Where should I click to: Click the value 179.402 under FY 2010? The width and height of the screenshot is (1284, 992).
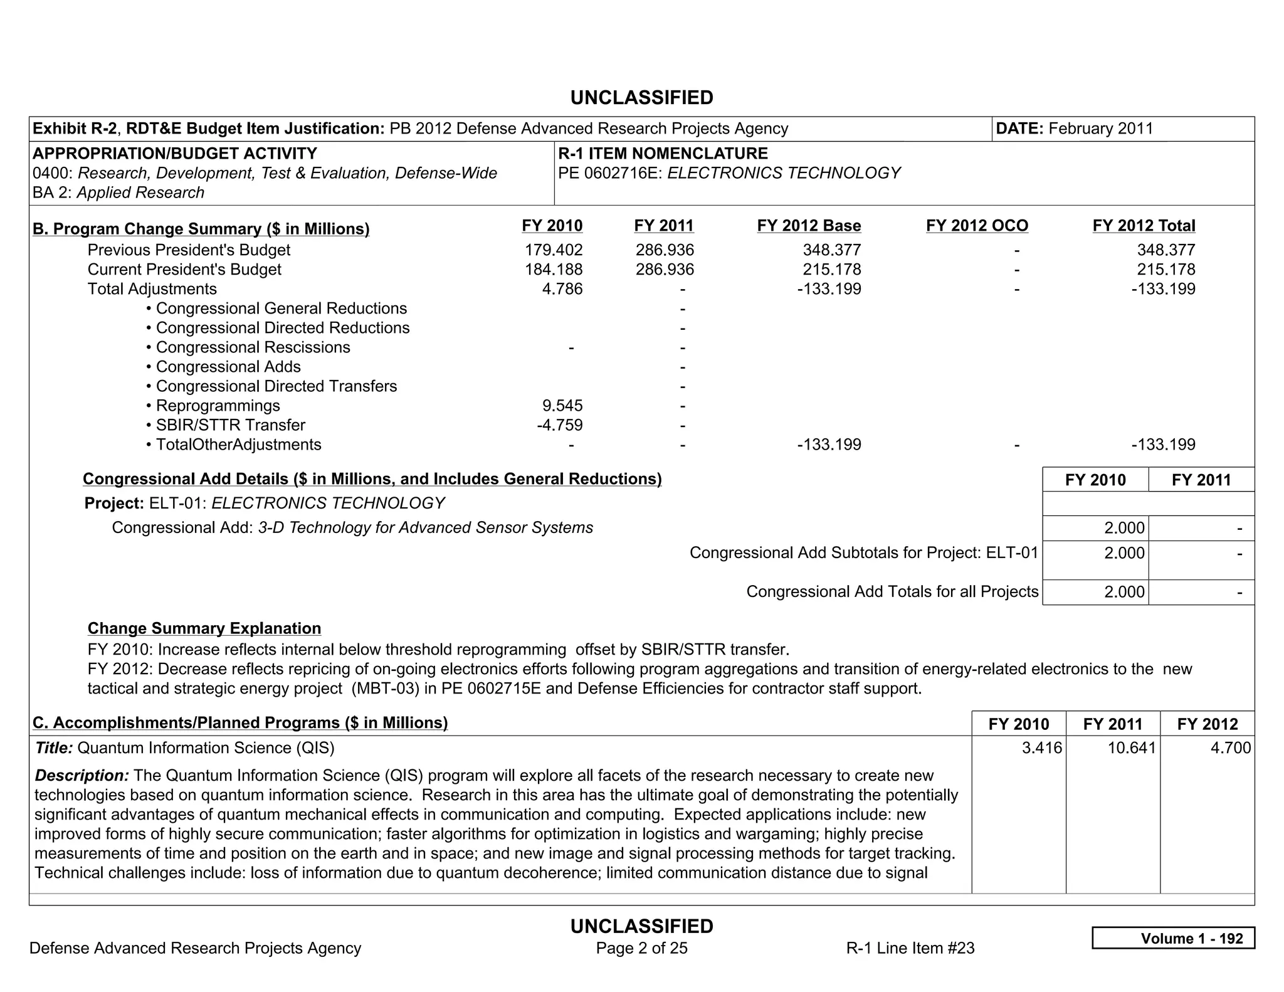[553, 250]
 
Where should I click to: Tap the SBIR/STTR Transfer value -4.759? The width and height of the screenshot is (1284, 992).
[559, 425]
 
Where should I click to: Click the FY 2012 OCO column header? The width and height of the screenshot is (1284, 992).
[977, 226]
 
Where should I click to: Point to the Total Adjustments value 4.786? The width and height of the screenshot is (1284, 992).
[562, 289]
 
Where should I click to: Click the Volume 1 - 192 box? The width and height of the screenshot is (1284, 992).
[1172, 938]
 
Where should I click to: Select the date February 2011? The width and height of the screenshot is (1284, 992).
[1100, 129]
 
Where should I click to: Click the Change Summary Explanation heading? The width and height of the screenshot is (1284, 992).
[204, 628]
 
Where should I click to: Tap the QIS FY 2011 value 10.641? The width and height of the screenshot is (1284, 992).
[1131, 748]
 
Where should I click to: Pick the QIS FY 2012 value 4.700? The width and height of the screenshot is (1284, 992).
[1230, 748]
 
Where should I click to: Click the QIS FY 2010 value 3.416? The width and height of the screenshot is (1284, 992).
[1041, 748]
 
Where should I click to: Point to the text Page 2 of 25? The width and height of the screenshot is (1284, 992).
[641, 948]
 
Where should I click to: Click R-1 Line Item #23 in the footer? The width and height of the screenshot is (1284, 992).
[910, 948]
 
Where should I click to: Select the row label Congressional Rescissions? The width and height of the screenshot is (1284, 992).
[253, 347]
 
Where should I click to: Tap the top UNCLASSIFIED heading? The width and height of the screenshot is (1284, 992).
[641, 98]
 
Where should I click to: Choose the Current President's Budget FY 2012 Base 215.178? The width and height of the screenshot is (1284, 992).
[831, 270]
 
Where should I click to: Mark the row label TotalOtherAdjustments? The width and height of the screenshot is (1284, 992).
[238, 445]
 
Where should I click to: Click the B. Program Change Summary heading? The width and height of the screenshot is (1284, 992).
[201, 229]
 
